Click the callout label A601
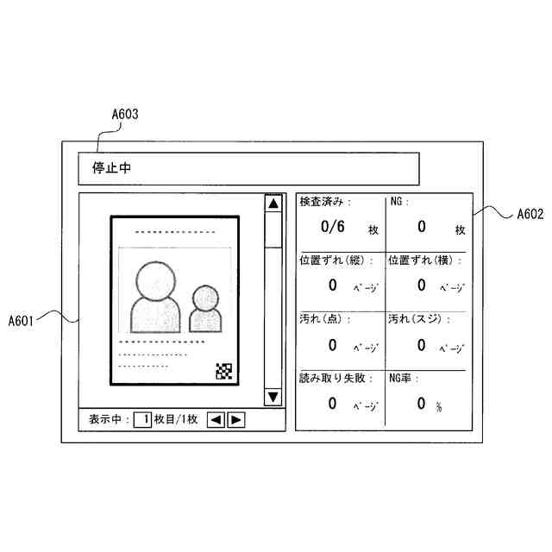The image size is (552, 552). pos(22,321)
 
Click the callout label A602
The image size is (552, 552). pos(530,215)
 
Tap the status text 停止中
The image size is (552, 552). pos(111,168)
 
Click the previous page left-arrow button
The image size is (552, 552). pos(216,420)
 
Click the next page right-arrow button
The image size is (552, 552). pos(235,420)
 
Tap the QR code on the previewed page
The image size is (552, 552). pos(224,372)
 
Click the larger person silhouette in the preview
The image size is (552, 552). pos(154,297)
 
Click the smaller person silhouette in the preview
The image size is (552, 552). pos(206,310)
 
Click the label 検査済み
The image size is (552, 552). pos(322,202)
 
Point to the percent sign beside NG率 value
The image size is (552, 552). pos(439,407)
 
